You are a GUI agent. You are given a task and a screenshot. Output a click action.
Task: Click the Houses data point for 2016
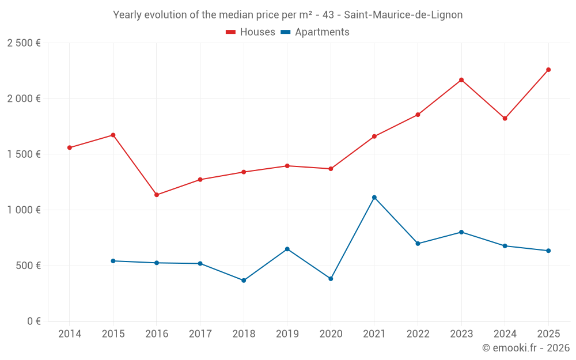click(x=157, y=195)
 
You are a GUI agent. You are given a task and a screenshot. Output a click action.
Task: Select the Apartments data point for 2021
click(x=374, y=198)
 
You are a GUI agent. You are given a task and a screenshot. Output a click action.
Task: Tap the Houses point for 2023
click(x=461, y=79)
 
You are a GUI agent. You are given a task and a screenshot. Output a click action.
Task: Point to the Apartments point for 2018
click(x=244, y=281)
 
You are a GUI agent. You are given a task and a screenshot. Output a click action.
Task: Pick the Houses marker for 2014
click(x=70, y=147)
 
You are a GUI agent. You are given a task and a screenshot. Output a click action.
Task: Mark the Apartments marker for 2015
click(x=113, y=261)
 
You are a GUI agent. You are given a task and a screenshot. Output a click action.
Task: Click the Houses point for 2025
click(x=548, y=70)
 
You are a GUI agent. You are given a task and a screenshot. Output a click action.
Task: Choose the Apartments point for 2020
click(x=331, y=279)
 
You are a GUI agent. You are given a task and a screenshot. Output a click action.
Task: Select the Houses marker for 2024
click(x=505, y=118)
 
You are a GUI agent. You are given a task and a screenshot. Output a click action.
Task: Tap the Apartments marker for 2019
click(x=287, y=249)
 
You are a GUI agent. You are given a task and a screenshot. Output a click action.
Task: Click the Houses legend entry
click(x=251, y=32)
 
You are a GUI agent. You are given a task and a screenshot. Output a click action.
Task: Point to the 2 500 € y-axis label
click(x=24, y=43)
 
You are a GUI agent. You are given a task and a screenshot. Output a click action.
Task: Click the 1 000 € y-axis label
click(x=24, y=210)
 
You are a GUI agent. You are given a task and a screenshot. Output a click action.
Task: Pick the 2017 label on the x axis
click(x=200, y=334)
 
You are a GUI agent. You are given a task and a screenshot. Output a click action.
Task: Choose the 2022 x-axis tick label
click(x=418, y=334)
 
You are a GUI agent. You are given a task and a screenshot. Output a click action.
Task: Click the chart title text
click(x=288, y=15)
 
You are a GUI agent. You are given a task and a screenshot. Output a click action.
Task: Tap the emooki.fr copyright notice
click(x=526, y=348)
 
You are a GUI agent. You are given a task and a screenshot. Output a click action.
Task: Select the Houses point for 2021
click(x=374, y=137)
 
